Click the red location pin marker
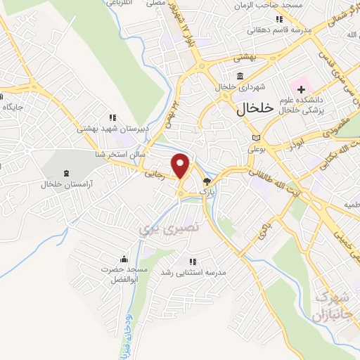coord(181,166)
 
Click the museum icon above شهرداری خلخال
coord(241,75)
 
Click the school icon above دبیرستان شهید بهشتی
coord(112,118)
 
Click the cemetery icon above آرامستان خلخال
coord(66,173)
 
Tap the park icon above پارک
coord(206,180)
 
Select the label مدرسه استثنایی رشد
coord(188,271)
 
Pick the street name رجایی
coord(153,172)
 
